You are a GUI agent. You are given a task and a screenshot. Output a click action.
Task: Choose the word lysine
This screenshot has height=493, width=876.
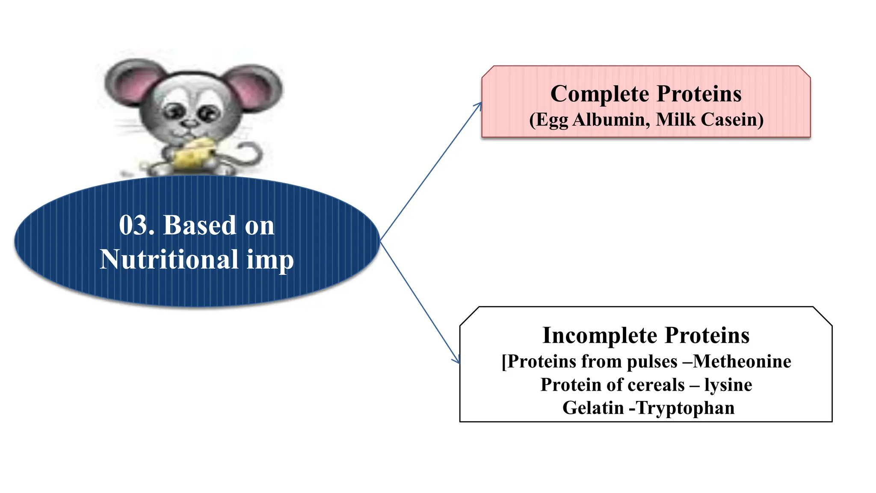[x=728, y=385]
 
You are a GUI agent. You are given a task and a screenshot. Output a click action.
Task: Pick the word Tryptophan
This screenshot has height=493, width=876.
[x=685, y=408]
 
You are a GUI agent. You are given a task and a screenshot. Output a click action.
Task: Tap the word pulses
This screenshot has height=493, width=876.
[x=652, y=362]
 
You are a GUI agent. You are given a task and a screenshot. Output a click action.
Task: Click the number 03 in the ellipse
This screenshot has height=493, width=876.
[x=133, y=225]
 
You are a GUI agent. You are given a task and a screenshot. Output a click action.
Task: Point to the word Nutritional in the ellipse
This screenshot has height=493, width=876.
[x=169, y=259]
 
